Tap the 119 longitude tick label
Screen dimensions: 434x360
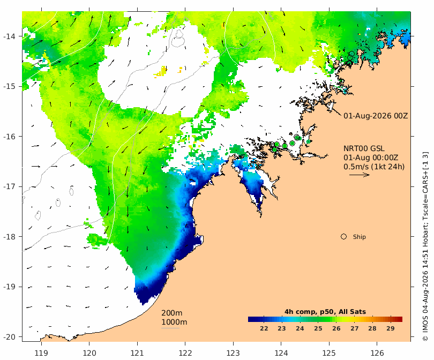41,353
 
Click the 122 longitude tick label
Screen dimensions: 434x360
185,353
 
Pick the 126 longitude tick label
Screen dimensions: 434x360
377,353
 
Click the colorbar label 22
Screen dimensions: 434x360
264,328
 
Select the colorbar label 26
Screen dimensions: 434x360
336,328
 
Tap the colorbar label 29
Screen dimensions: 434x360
391,328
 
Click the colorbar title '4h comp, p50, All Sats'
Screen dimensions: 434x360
325,312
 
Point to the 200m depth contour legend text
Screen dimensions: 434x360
172,313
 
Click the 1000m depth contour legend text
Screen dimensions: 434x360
174,322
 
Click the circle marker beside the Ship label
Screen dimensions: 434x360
344,237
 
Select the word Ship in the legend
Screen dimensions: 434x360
360,237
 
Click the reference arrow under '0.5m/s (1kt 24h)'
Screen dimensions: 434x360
360,175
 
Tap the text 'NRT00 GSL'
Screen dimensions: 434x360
364,148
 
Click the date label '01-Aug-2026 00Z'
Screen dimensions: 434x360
376,116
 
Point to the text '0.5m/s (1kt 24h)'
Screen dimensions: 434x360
374,167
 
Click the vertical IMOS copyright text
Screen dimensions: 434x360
425,246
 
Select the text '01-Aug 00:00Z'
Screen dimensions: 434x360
371,157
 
